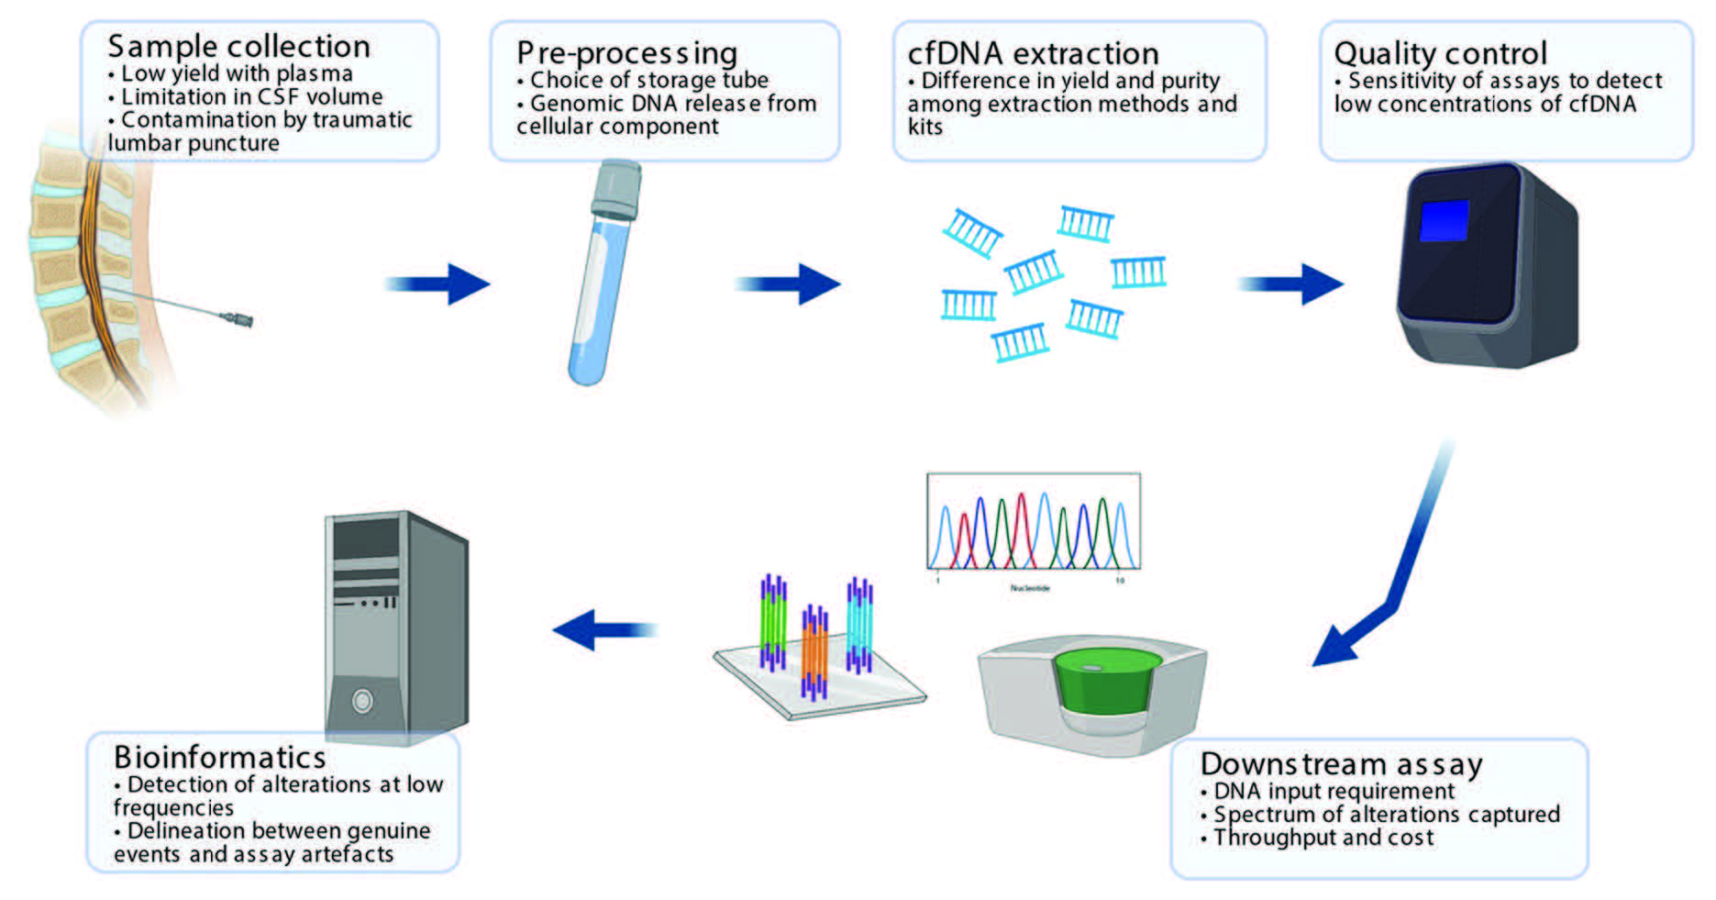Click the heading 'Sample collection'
(238, 46)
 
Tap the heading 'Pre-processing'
(626, 53)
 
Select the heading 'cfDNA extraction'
(1033, 53)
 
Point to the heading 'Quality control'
(1440, 53)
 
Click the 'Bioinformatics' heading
(220, 758)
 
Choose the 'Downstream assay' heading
(1341, 764)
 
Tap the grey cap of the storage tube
(615, 188)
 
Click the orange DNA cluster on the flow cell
(814, 651)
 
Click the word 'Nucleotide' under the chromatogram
(1029, 588)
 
